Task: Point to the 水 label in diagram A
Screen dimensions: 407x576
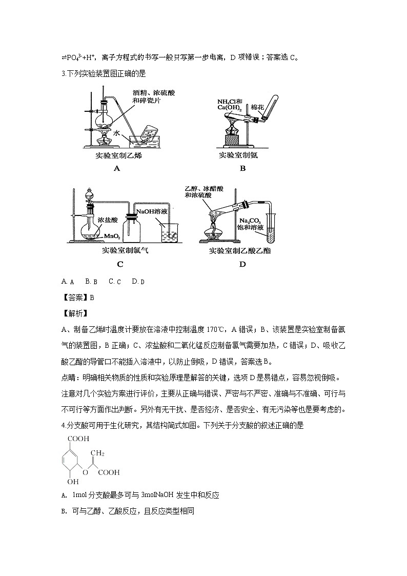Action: coord(117,133)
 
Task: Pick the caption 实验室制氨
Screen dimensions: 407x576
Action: coord(238,155)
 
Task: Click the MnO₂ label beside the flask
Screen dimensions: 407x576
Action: coord(112,236)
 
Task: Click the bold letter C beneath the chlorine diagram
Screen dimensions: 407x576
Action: coord(120,265)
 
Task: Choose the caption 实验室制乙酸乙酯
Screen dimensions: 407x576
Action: coord(239,251)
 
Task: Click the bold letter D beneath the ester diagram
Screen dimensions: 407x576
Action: coord(242,265)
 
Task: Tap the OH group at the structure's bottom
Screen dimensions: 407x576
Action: coord(73,482)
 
